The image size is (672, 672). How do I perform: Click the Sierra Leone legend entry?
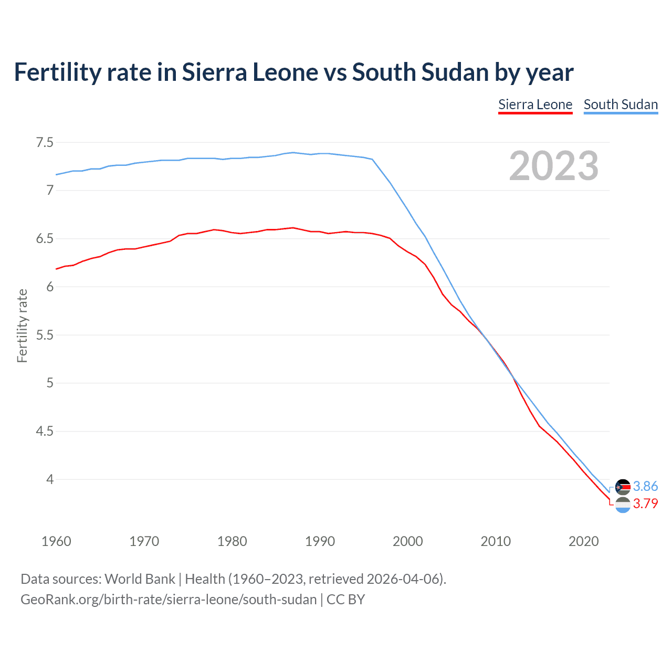click(x=535, y=104)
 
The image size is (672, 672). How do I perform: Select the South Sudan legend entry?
click(x=621, y=104)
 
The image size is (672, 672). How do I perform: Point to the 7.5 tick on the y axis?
click(x=45, y=142)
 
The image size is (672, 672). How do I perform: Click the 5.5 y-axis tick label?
click(x=45, y=335)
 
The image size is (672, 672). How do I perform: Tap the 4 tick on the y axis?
click(x=50, y=479)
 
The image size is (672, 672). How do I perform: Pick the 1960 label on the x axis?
click(x=56, y=541)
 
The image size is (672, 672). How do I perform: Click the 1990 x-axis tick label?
click(x=320, y=541)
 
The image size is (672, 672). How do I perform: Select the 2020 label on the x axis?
click(x=583, y=541)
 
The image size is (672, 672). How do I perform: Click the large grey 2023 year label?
click(x=553, y=166)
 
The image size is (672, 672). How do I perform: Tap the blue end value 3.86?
click(x=645, y=486)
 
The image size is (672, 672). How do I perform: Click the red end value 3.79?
click(x=645, y=503)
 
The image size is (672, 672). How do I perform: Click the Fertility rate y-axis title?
click(x=22, y=325)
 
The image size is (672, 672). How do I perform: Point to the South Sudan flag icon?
click(x=623, y=487)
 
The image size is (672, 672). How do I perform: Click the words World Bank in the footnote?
click(x=140, y=579)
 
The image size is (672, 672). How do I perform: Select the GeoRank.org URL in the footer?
click(x=169, y=600)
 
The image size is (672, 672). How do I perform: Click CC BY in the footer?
click(x=345, y=600)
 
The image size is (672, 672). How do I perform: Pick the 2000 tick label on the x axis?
click(x=407, y=541)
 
